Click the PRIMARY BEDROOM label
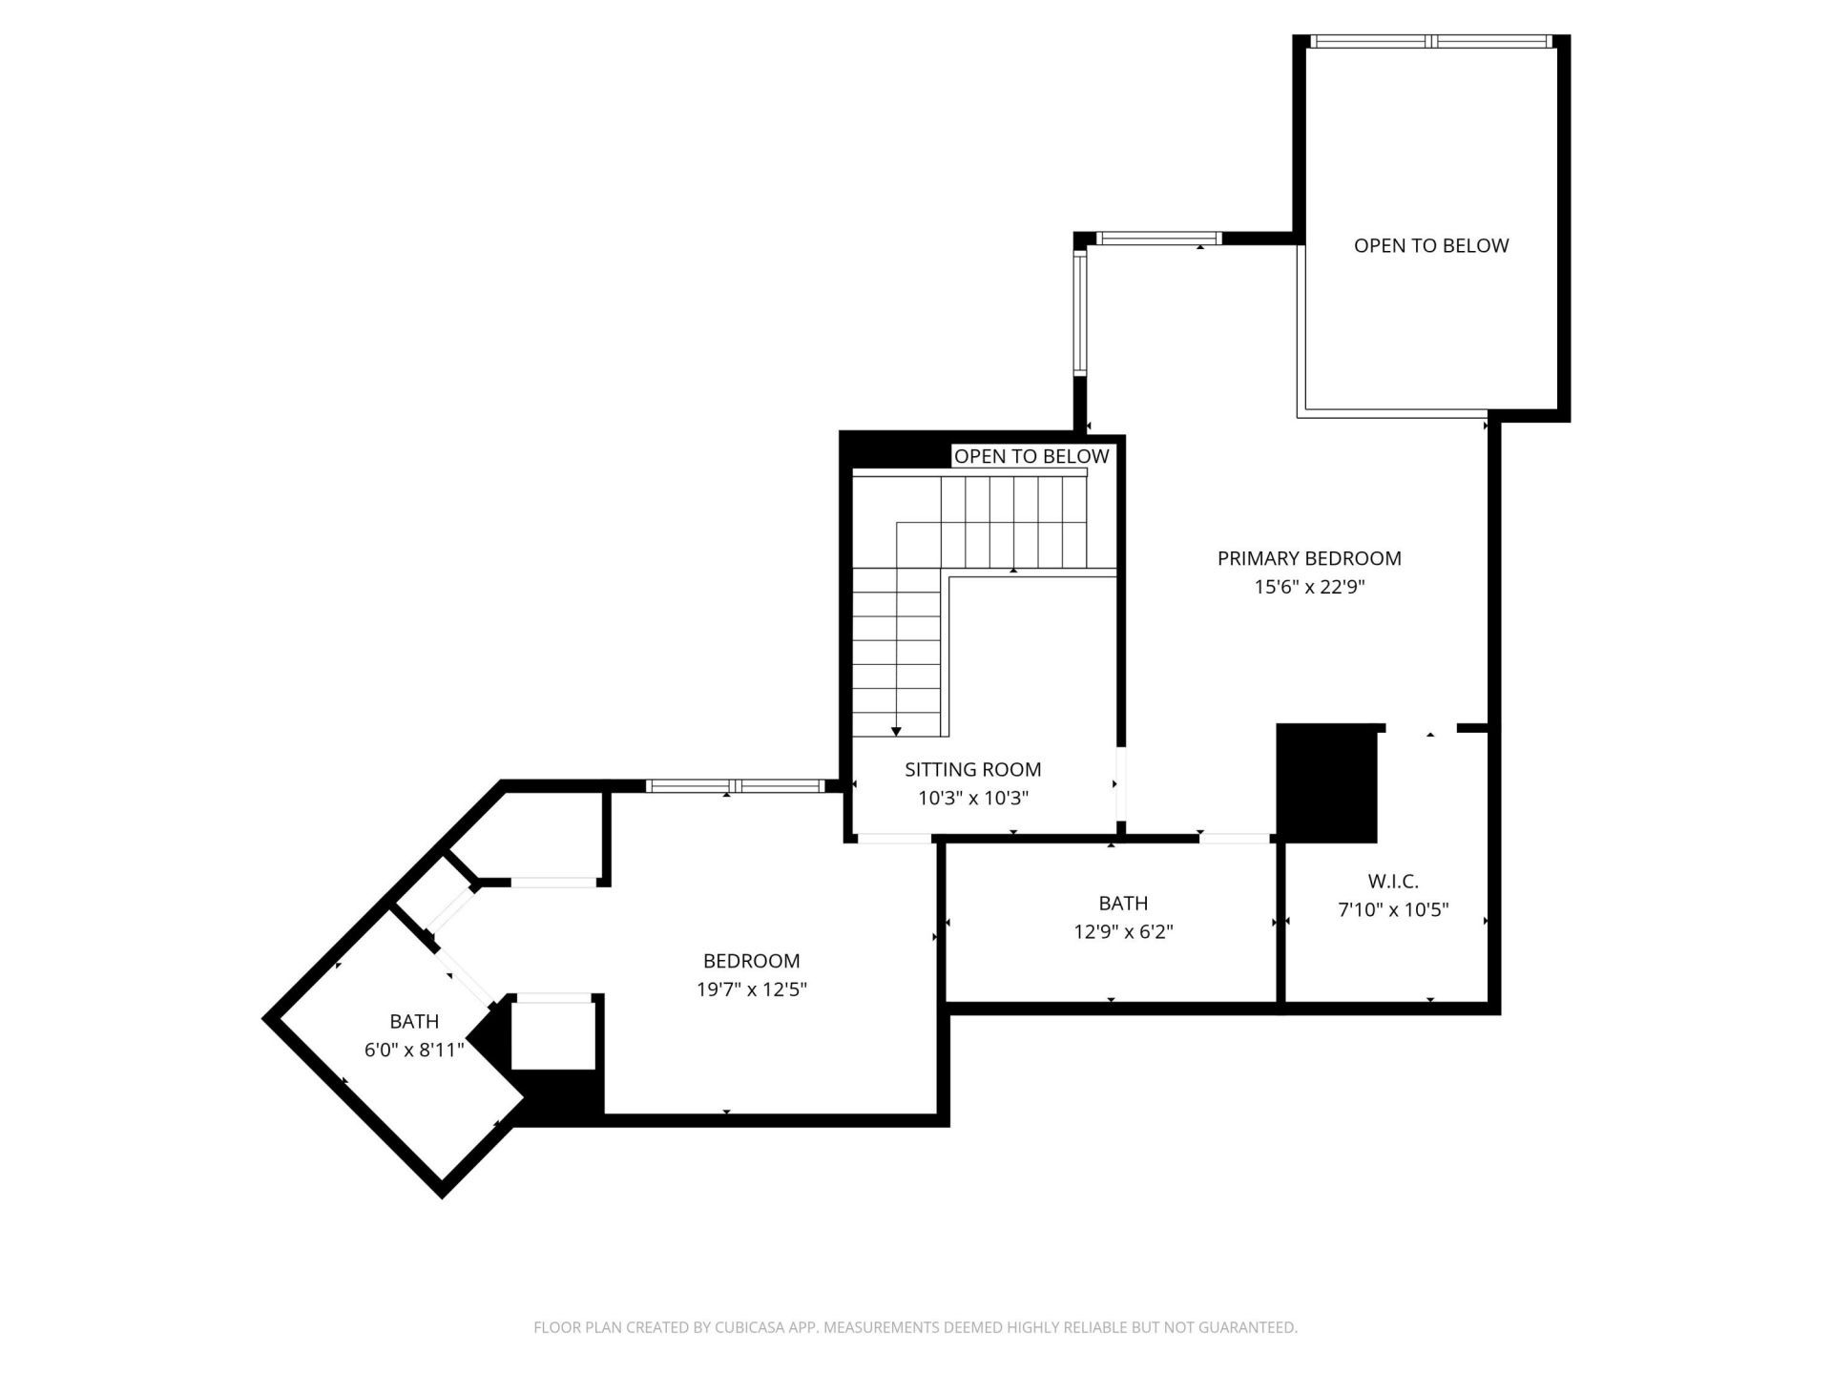click(x=1309, y=558)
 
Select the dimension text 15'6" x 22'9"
click(x=1309, y=587)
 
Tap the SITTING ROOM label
click(x=972, y=769)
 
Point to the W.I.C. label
click(x=1393, y=882)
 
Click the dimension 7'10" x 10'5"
click(x=1393, y=910)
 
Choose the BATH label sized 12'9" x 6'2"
click(x=1123, y=903)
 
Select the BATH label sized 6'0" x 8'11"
click(x=414, y=1021)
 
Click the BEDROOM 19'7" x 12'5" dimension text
click(x=752, y=989)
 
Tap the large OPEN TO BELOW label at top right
click(x=1431, y=245)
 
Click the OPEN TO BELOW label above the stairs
click(x=1031, y=456)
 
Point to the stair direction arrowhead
click(x=897, y=731)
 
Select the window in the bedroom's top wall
click(x=734, y=786)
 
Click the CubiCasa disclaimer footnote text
click(x=915, y=1327)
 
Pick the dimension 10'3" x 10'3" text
click(x=972, y=798)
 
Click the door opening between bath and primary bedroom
click(x=1236, y=839)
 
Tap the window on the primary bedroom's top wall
click(x=1158, y=239)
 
